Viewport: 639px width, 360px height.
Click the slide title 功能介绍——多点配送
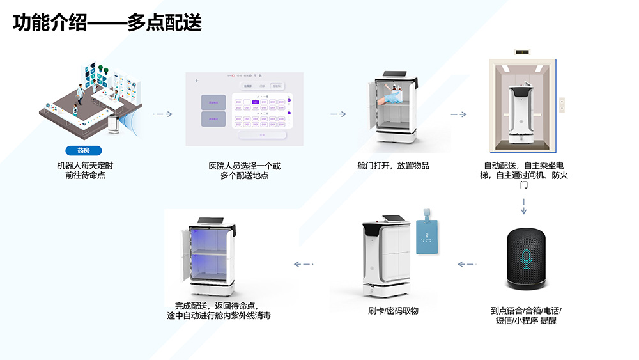pyautogui.click(x=107, y=24)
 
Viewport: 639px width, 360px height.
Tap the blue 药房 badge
pyautogui.click(x=84, y=151)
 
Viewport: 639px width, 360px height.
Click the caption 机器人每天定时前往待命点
pyautogui.click(x=84, y=170)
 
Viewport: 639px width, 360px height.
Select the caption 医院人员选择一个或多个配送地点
pyautogui.click(x=244, y=170)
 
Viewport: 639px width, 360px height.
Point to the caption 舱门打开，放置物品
pyautogui.click(x=393, y=166)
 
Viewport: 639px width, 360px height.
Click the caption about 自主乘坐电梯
pyautogui.click(x=524, y=175)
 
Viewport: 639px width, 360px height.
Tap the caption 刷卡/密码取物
pyautogui.click(x=393, y=311)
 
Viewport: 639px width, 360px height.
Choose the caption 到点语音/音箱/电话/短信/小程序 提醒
pyautogui.click(x=526, y=315)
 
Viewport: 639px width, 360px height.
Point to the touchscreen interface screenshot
pyautogui.click(x=243, y=106)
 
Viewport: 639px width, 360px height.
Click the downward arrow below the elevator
pyautogui.click(x=524, y=207)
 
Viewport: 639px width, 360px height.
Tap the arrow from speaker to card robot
pyautogui.click(x=467, y=263)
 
